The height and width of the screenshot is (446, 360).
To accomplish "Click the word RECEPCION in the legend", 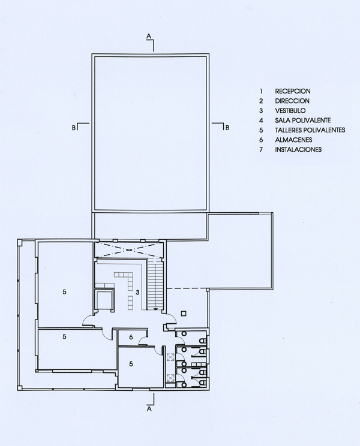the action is pyautogui.click(x=293, y=91).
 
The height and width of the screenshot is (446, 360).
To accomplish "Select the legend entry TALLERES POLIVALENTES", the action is pyautogui.click(x=310, y=130).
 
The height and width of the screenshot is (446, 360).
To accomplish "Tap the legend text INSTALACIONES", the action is pyautogui.click(x=298, y=149).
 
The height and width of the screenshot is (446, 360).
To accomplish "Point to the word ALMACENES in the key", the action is pyautogui.click(x=293, y=140).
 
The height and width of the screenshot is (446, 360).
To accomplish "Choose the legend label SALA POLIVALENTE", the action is pyautogui.click(x=303, y=120).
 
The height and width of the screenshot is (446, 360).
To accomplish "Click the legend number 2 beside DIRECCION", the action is pyautogui.click(x=261, y=101).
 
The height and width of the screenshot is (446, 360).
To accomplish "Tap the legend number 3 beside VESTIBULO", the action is pyautogui.click(x=261, y=111).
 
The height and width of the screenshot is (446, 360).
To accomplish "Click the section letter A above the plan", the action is pyautogui.click(x=149, y=37).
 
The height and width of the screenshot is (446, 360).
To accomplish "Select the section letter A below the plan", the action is pyautogui.click(x=149, y=409).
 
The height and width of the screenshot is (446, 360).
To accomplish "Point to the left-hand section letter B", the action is pyautogui.click(x=74, y=128).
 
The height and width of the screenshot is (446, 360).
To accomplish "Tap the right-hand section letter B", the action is pyautogui.click(x=227, y=128).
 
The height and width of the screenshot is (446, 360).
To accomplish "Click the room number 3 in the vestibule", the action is pyautogui.click(x=137, y=292).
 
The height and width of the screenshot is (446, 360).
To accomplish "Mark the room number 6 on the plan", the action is pyautogui.click(x=131, y=337).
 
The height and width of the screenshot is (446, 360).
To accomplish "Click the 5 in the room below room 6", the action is pyautogui.click(x=131, y=364).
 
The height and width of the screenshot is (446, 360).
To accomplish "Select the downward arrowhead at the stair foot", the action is pyautogui.click(x=155, y=308).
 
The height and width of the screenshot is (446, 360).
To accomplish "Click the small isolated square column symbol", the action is pyautogui.click(x=184, y=313).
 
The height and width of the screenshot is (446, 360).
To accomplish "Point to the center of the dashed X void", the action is pyautogui.click(x=129, y=250).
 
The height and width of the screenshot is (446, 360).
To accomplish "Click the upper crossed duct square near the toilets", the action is pyautogui.click(x=170, y=357).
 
